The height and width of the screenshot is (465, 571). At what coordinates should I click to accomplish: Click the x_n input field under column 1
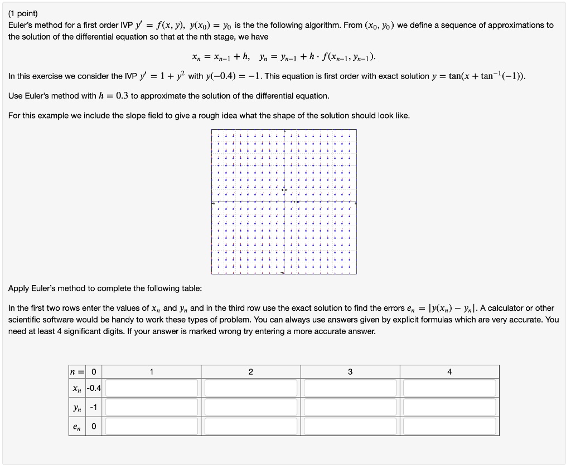(152, 388)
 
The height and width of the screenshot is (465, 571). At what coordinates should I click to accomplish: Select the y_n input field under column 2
(251, 407)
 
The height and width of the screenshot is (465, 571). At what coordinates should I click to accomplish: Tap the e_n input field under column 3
(350, 427)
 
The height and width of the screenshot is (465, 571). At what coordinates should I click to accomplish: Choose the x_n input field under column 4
(449, 388)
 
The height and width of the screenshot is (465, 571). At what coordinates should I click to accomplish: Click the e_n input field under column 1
(152, 427)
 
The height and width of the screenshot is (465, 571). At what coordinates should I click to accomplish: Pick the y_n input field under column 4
(449, 407)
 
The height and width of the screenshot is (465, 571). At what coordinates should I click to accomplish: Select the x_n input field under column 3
(350, 388)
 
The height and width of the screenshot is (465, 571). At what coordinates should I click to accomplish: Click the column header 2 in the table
(251, 372)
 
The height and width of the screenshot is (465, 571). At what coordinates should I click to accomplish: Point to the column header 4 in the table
(449, 372)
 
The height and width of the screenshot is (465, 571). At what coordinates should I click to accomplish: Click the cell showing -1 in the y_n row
(93, 407)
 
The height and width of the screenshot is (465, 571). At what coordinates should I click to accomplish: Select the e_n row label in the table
(77, 427)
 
